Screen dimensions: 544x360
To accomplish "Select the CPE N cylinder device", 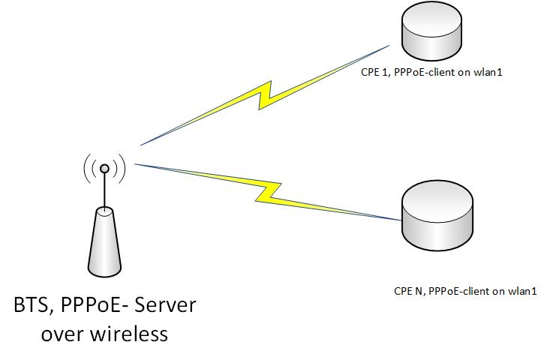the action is [x=437, y=215].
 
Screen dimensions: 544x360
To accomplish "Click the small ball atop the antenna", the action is [x=104, y=169].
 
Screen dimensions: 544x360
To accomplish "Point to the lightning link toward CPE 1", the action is [x=265, y=95].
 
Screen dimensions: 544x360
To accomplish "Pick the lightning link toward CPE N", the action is [x=267, y=192].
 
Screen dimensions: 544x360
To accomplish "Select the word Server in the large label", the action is [x=165, y=304].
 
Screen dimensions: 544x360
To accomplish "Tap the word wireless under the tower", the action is [x=129, y=334].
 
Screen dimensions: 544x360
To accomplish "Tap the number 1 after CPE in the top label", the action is [x=383, y=72].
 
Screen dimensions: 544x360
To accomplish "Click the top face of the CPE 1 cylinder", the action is [x=431, y=16].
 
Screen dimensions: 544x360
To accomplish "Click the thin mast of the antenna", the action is [x=104, y=190].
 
